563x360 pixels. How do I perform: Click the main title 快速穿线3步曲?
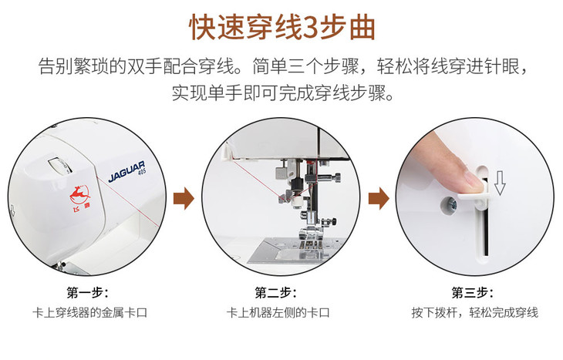click(282, 27)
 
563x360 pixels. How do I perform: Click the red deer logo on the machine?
click(79, 196)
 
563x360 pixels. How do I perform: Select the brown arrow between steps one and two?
click(184, 198)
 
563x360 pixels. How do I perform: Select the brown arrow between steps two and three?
click(379, 198)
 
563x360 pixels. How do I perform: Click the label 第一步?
click(87, 293)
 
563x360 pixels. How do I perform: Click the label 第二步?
click(276, 293)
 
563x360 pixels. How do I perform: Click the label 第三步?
click(472, 293)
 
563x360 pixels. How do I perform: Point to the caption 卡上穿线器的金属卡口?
click(89, 313)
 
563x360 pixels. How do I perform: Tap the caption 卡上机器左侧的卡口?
click(278, 313)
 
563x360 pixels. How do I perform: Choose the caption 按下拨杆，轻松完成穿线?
click(474, 313)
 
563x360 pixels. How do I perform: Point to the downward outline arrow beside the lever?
click(500, 183)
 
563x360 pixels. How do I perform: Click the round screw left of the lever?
click(449, 204)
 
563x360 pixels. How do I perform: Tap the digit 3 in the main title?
click(311, 28)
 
